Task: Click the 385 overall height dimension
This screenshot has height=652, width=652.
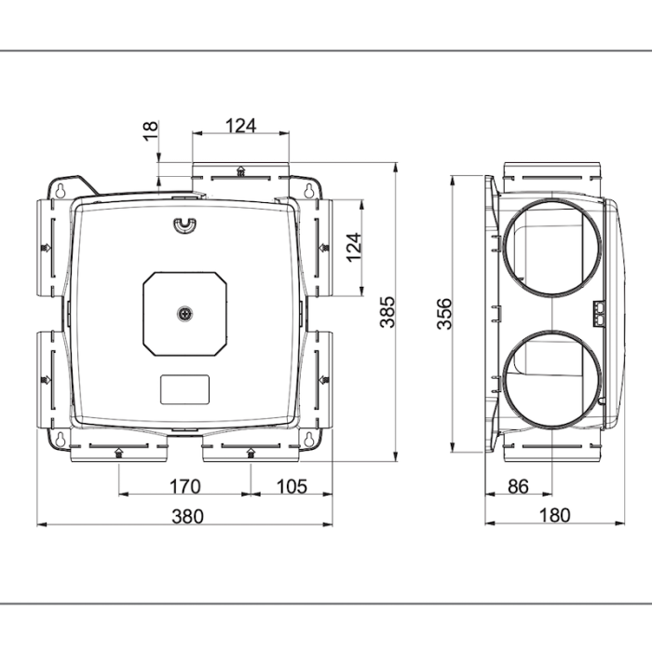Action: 387,312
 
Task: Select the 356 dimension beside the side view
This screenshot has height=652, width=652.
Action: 444,314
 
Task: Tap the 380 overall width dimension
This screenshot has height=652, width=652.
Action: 186,515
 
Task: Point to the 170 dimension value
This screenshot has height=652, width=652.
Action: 186,485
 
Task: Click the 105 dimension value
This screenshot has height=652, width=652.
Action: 292,485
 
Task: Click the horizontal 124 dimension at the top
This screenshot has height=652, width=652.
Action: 240,125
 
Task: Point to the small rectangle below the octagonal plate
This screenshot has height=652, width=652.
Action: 184,389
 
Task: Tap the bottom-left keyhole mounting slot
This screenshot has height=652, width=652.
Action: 61,436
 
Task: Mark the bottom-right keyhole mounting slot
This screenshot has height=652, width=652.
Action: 308,436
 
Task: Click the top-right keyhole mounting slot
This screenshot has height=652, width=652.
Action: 308,189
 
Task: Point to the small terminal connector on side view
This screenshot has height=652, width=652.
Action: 600,313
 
